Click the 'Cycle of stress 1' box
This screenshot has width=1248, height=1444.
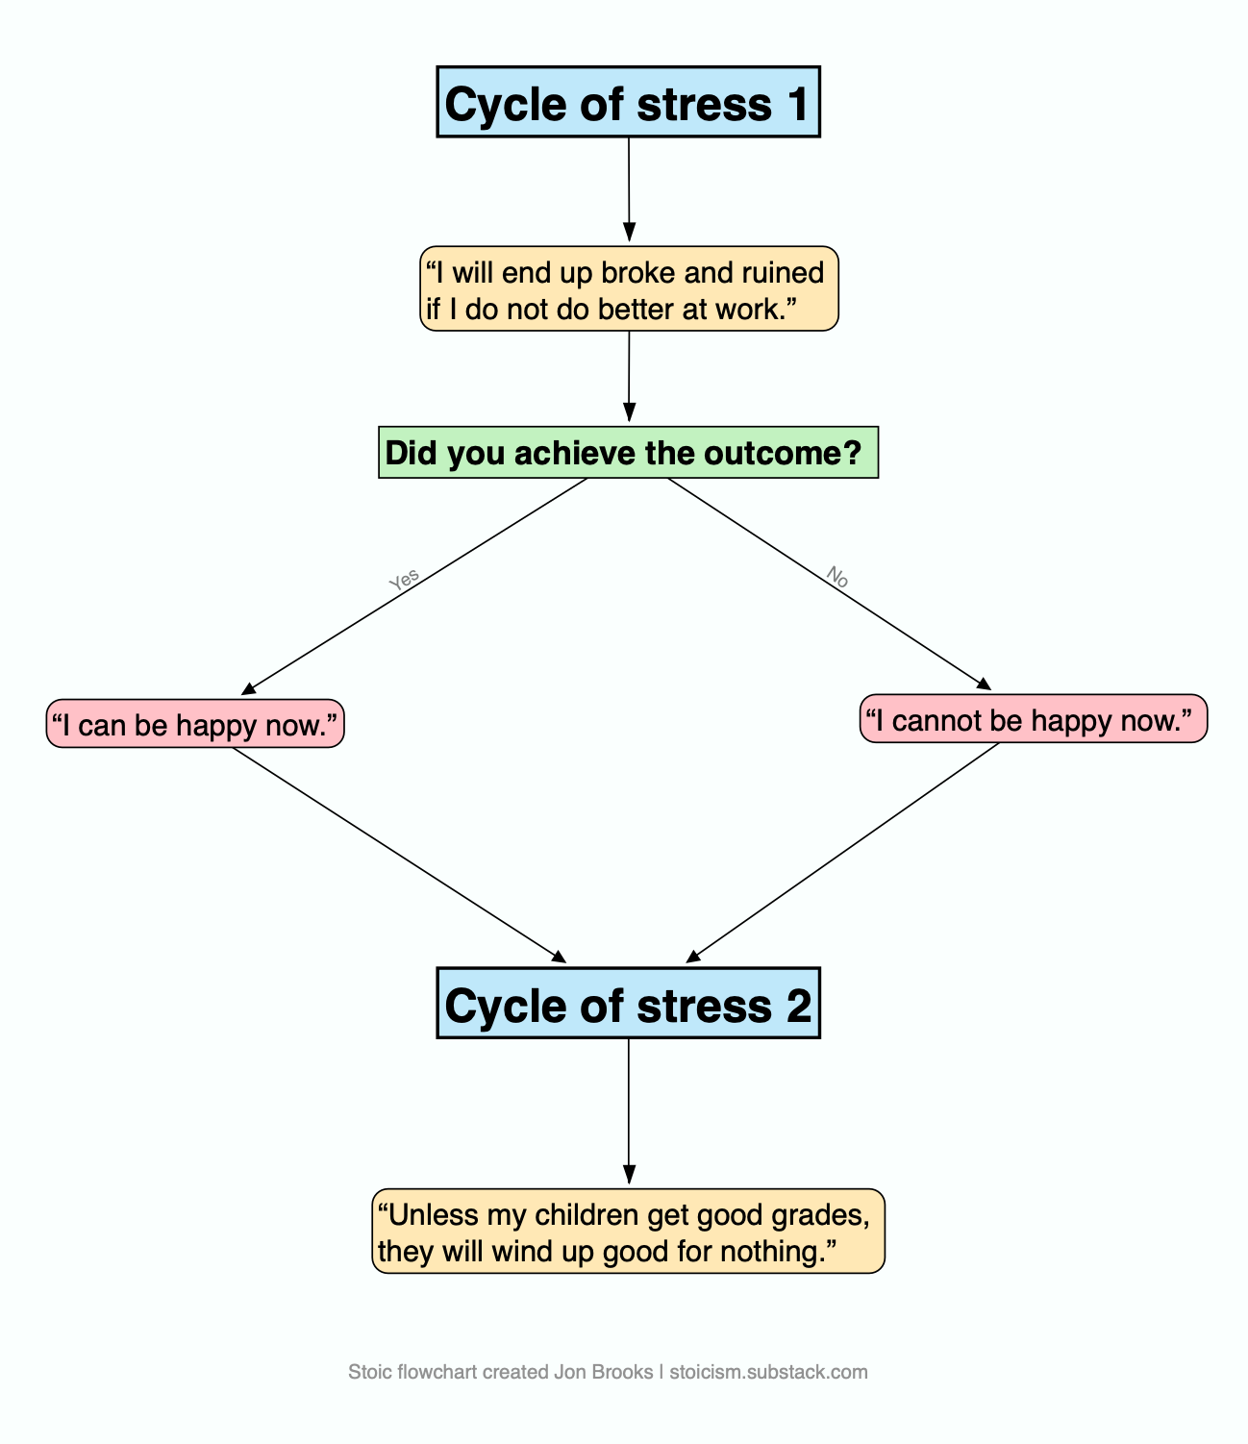[x=628, y=103]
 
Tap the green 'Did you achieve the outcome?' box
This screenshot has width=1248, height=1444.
[x=628, y=452]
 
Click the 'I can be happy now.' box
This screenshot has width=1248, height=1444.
[x=195, y=724]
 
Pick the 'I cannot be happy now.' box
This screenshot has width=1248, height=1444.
[x=1033, y=719]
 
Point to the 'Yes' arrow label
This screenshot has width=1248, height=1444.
[x=405, y=580]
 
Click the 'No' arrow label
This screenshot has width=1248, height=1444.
[x=837, y=577]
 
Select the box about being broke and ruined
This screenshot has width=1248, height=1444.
[x=628, y=289]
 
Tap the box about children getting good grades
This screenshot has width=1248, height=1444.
[x=628, y=1232]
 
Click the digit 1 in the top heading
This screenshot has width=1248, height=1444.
[x=798, y=104]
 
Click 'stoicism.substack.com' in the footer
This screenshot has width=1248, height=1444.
[x=768, y=1372]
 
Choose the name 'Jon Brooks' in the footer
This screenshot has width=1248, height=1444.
[x=603, y=1372]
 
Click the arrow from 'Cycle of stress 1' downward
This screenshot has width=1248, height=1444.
[x=629, y=187]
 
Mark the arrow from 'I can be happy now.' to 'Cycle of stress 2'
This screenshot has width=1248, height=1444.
[x=399, y=854]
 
